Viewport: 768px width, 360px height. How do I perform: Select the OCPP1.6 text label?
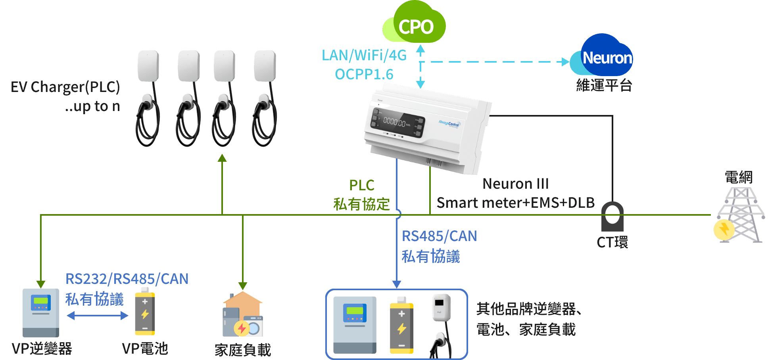[364, 74]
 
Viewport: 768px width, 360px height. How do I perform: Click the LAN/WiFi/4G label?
[364, 55]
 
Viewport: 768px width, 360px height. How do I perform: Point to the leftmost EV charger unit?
[148, 97]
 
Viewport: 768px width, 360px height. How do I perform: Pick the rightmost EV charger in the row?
[265, 97]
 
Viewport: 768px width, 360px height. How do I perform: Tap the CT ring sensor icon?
[612, 216]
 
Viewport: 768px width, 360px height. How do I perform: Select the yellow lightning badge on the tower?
[724, 230]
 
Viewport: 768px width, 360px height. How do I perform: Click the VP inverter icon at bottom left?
[40, 313]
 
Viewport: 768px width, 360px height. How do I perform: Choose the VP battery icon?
[145, 312]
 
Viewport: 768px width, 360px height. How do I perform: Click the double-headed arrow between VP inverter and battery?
[97, 316]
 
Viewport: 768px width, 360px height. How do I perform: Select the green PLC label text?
[361, 185]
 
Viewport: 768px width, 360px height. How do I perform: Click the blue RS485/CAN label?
[439, 236]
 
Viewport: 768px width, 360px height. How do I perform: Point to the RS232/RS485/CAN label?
[127, 279]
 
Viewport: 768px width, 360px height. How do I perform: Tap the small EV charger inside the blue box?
[442, 323]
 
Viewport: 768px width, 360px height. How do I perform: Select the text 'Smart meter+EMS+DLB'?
[515, 203]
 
